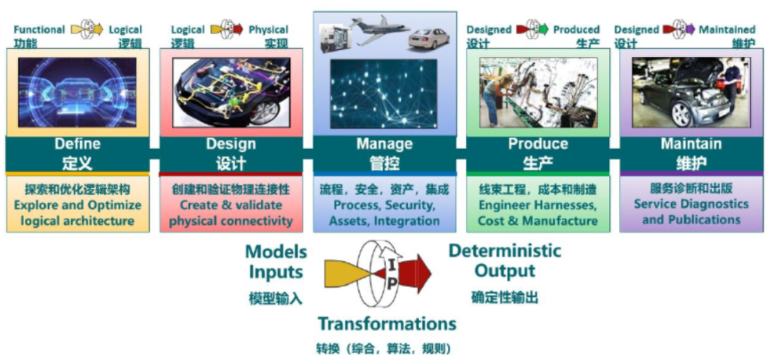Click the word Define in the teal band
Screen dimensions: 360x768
pyautogui.click(x=77, y=143)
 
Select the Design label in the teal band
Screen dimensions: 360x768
pyautogui.click(x=230, y=143)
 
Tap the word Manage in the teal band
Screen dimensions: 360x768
pyautogui.click(x=384, y=143)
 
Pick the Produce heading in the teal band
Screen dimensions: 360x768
pyautogui.click(x=538, y=143)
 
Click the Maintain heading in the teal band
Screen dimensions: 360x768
pyautogui.click(x=691, y=143)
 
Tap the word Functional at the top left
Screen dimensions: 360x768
pyautogui.click(x=38, y=29)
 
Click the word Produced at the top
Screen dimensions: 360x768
pyautogui.click(x=576, y=29)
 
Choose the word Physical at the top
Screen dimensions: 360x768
pyautogui.click(x=267, y=29)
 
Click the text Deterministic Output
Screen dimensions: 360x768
pyautogui.click(x=504, y=260)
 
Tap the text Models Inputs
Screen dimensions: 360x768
pyautogui.click(x=275, y=260)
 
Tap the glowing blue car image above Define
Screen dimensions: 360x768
pyautogui.click(x=77, y=92)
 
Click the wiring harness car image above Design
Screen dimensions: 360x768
pyautogui.click(x=230, y=92)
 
